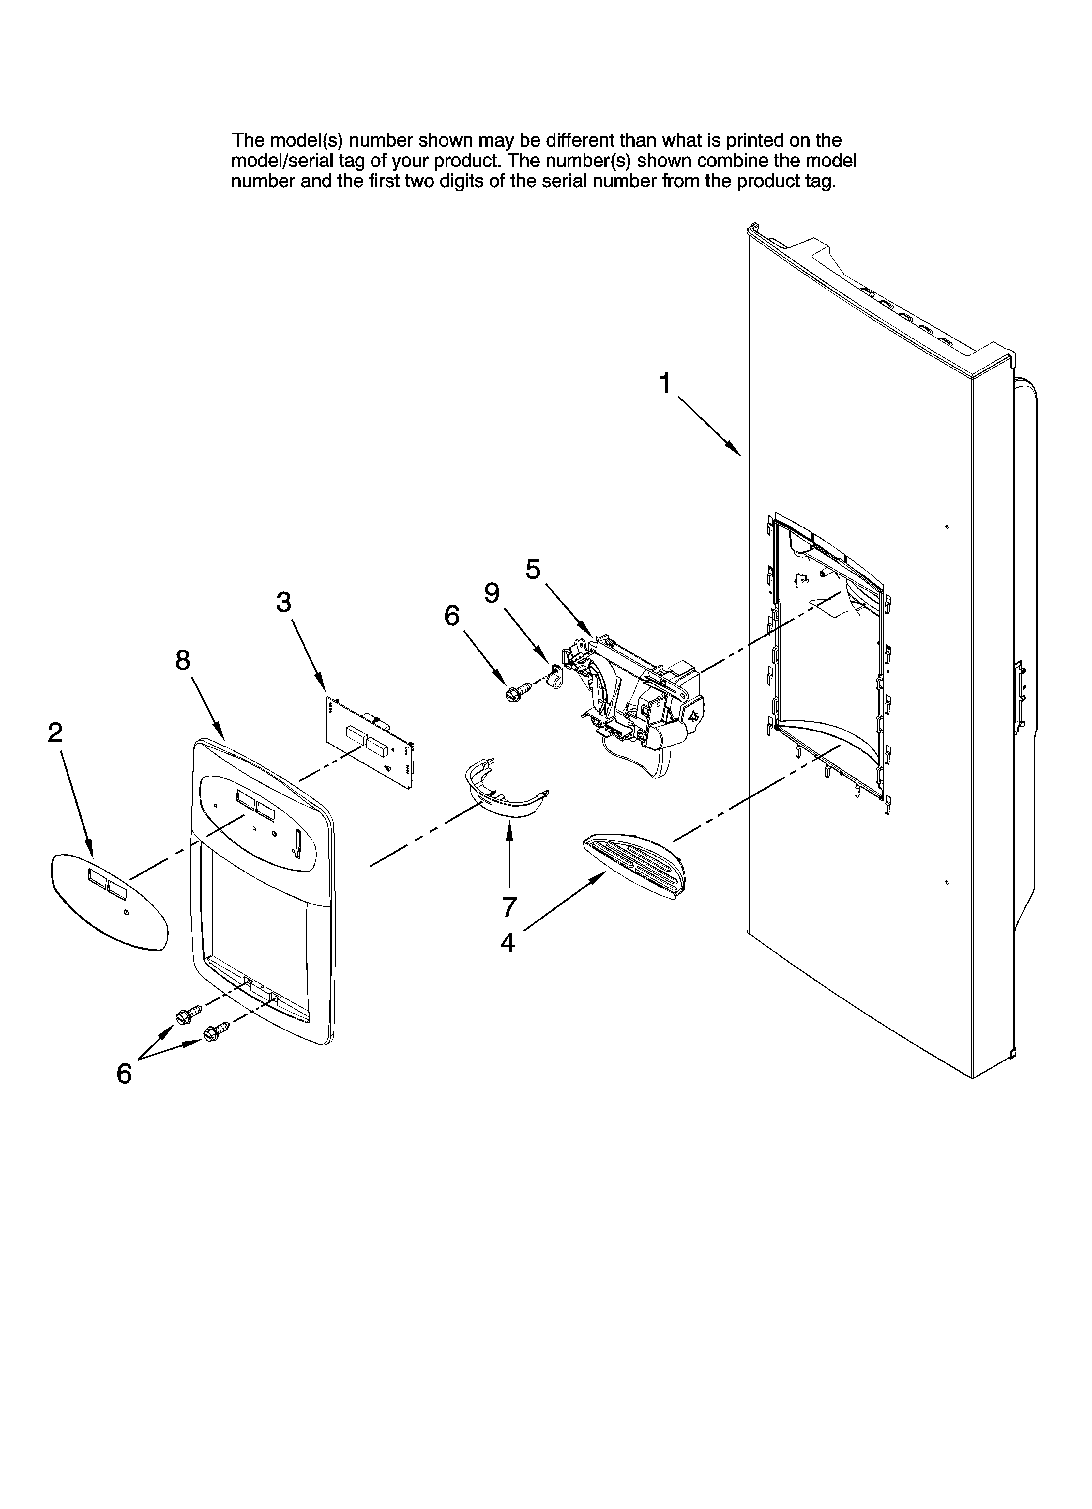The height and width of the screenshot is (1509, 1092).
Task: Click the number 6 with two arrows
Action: pos(124,1073)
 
